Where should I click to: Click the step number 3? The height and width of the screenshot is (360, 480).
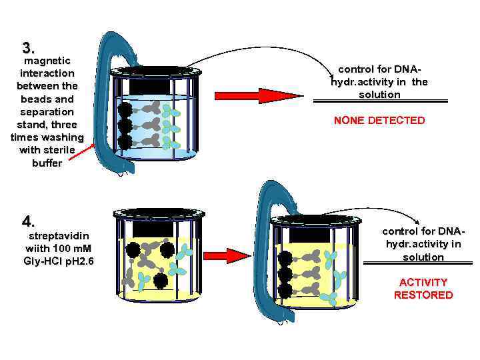(x=28, y=48)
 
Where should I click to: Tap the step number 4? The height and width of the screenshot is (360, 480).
(x=28, y=221)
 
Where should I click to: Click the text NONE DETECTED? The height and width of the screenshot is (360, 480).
(x=379, y=121)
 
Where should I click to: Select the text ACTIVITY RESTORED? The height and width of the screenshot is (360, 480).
(x=423, y=289)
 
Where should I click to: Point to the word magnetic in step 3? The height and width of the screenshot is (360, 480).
(x=47, y=61)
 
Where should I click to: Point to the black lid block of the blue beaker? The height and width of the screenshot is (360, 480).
(x=155, y=84)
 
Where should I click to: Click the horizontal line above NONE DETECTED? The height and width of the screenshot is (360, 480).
(x=379, y=102)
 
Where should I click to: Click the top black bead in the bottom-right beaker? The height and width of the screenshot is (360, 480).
(x=285, y=258)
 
